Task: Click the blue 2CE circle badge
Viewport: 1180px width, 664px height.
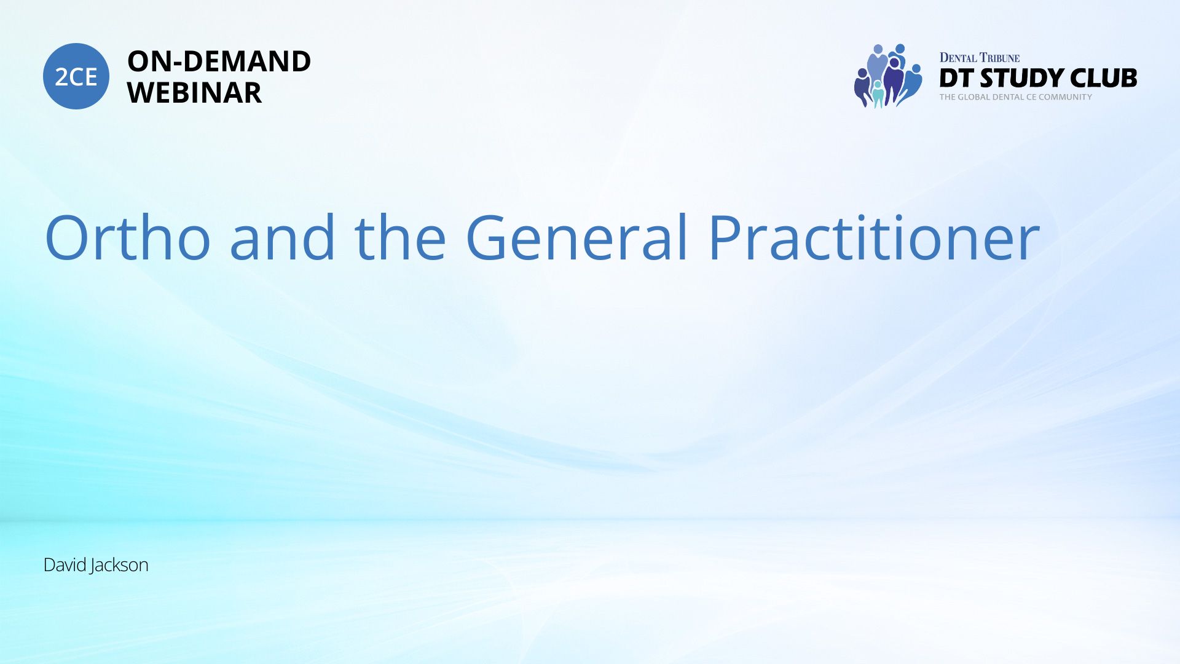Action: point(76,76)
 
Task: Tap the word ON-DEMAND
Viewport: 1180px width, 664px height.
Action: point(219,61)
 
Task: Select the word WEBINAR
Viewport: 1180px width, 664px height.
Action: point(194,93)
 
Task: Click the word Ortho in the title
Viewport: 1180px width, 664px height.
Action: point(128,237)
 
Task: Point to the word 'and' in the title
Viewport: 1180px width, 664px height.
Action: point(283,237)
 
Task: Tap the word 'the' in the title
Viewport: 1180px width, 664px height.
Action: point(400,237)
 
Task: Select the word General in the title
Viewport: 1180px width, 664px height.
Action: point(576,237)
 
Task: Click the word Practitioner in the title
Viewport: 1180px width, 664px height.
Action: point(874,237)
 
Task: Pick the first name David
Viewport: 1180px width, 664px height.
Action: point(65,564)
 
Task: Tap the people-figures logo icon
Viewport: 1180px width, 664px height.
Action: point(888,76)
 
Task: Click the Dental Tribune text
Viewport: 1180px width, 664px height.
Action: point(980,58)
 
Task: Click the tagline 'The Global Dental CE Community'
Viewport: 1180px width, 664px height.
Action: point(1016,97)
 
